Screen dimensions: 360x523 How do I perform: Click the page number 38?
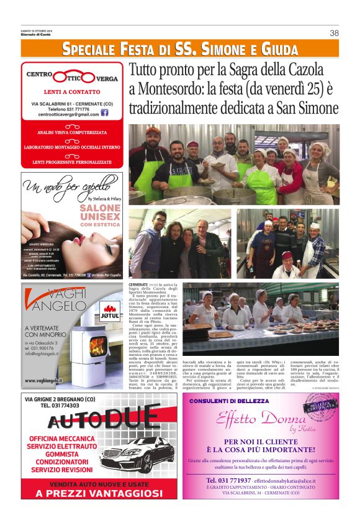(334, 33)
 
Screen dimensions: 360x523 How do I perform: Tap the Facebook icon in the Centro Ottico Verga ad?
(105, 113)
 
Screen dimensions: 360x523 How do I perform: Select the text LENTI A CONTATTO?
(73, 92)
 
